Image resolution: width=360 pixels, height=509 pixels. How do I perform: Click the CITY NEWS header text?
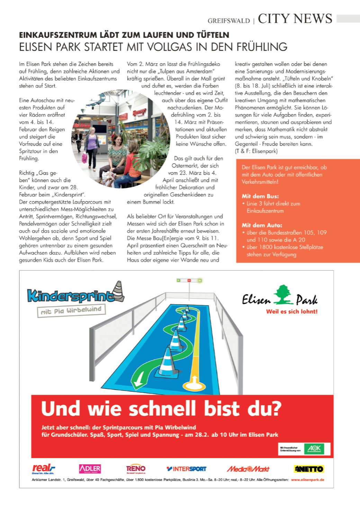[295, 18]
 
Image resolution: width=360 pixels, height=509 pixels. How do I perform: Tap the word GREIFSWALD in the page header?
[228, 21]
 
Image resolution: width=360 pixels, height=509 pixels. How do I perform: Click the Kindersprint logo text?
[71, 296]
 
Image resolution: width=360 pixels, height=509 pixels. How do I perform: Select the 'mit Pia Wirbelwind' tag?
[71, 310]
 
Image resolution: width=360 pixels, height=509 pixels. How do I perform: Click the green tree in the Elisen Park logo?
[283, 294]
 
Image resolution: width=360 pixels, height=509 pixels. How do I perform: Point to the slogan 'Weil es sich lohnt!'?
[291, 311]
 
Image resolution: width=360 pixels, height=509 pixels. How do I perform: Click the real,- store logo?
[43, 469]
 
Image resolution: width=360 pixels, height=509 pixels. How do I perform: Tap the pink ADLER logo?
[90, 469]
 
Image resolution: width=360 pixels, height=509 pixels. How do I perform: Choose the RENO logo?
[136, 469]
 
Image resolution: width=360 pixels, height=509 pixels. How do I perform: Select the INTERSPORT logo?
[186, 469]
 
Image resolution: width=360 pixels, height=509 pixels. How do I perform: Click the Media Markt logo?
[248, 469]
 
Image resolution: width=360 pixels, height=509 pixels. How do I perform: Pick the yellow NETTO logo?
[309, 469]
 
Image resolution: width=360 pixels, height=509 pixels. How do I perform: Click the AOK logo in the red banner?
[314, 449]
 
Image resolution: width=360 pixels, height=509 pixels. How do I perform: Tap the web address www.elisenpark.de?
[307, 480]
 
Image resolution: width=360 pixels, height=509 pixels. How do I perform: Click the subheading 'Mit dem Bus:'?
[260, 196]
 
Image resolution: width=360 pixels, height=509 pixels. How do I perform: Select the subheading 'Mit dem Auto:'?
[262, 225]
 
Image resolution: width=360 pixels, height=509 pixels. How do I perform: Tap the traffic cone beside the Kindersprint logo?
[119, 291]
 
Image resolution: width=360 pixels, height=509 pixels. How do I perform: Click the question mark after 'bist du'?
[275, 408]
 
